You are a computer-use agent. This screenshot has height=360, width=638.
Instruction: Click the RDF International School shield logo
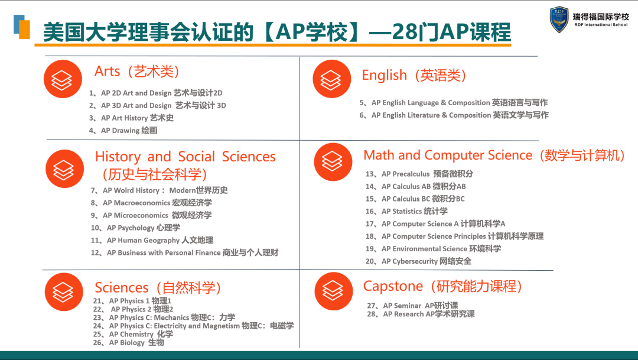(x=559, y=20)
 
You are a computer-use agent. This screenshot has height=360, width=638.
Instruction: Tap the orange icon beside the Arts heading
(x=63, y=79)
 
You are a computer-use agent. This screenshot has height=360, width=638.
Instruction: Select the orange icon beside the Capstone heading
(x=334, y=291)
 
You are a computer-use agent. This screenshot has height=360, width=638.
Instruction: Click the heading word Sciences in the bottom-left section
(x=122, y=287)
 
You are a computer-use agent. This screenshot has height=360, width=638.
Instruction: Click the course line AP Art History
(x=131, y=118)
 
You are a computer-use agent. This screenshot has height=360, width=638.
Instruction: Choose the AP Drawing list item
(x=123, y=130)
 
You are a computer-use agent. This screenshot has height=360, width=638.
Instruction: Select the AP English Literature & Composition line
(x=454, y=115)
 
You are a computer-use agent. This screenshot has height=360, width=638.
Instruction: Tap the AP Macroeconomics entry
(x=151, y=203)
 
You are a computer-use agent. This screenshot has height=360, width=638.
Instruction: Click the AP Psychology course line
(x=135, y=228)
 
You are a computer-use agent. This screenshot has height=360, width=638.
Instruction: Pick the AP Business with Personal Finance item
(x=185, y=252)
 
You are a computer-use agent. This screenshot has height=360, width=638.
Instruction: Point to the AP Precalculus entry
(x=419, y=174)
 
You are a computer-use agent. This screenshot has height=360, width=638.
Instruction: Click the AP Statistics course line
(x=406, y=211)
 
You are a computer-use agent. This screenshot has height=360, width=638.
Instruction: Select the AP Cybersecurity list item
(x=418, y=261)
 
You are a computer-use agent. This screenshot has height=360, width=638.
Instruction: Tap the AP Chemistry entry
(x=133, y=334)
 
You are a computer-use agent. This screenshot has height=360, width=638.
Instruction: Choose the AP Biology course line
(x=129, y=342)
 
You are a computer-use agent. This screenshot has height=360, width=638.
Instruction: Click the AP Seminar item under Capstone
(x=412, y=306)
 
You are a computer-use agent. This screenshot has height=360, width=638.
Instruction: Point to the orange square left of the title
(x=24, y=30)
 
